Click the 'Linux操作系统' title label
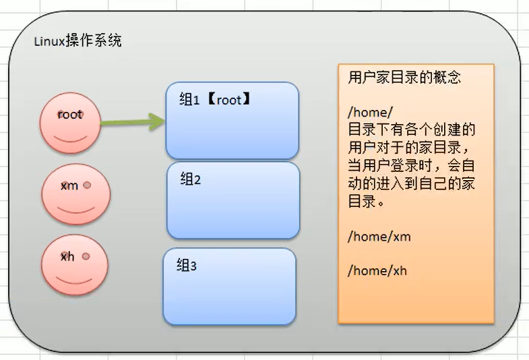(77, 42)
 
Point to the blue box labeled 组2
(232, 200)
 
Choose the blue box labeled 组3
(229, 287)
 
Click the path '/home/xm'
(379, 237)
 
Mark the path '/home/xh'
(377, 271)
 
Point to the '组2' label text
(191, 179)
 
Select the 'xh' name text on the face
(67, 257)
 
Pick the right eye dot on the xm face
(86, 183)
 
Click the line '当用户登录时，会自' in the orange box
(411, 165)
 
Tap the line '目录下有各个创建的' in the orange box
(411, 129)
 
